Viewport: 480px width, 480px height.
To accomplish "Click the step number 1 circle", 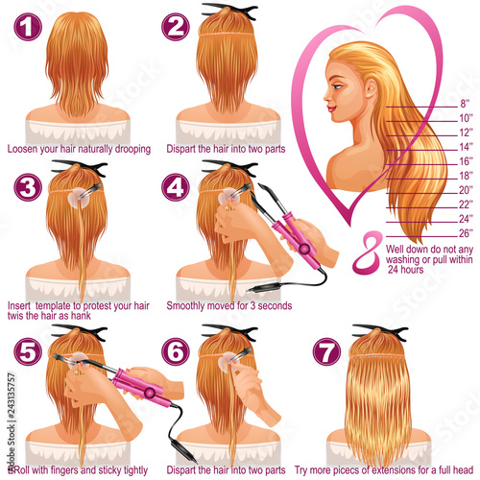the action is pos(28,27).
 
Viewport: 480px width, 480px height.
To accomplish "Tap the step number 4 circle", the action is pos(176,187).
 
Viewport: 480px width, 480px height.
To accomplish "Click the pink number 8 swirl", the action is pos(368,252).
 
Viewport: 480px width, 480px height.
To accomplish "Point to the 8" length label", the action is pos(465,104).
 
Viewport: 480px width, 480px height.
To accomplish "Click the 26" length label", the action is pos(466,233).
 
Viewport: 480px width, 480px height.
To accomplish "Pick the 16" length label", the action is pos(466,161).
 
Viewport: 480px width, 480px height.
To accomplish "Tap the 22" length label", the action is pos(466,204).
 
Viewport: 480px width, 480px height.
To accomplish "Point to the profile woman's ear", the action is pos(371,88).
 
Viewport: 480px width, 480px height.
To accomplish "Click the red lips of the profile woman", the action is pos(331,108).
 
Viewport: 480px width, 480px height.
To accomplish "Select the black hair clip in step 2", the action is pos(229,12).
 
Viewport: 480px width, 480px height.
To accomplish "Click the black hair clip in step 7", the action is pos(380,333).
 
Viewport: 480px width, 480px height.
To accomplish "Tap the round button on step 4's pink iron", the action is pos(304,249).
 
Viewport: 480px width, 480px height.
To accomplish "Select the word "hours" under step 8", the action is pos(411,270).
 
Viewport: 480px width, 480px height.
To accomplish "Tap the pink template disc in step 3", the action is pos(79,198).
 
